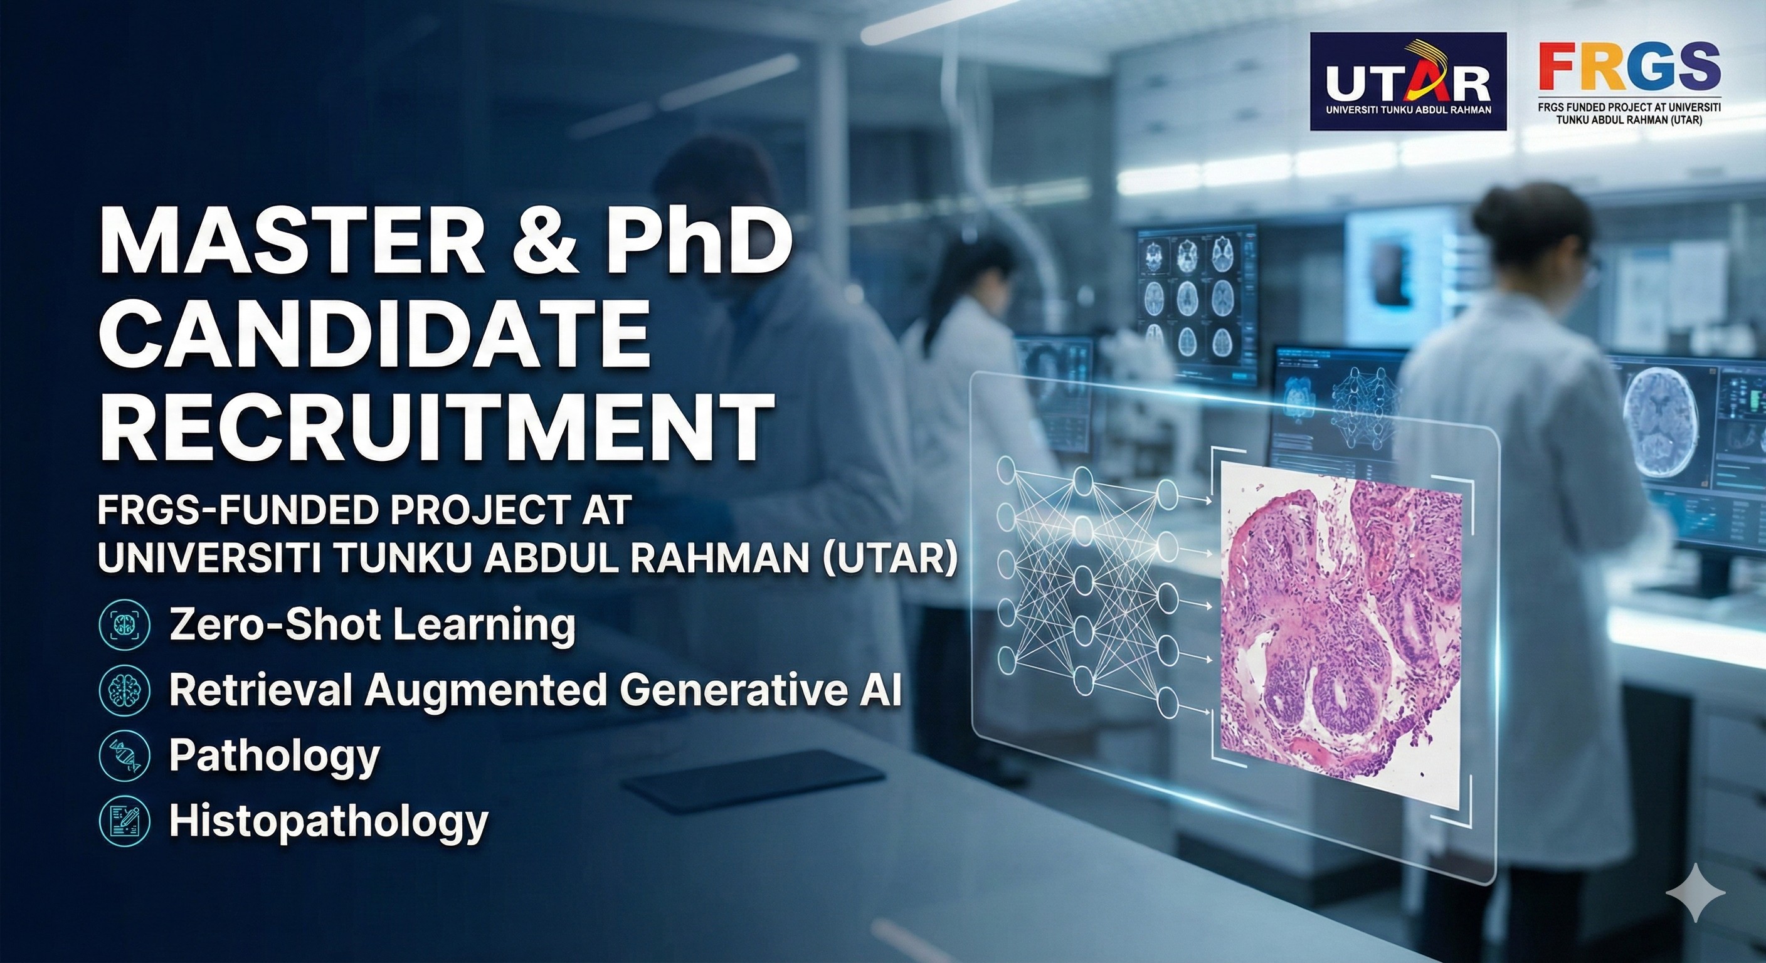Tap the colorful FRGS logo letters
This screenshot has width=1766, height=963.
click(1629, 66)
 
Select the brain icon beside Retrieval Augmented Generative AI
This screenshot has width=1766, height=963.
click(124, 689)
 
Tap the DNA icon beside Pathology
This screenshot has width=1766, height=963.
click(124, 755)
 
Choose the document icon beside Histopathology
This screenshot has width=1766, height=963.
click(124, 821)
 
